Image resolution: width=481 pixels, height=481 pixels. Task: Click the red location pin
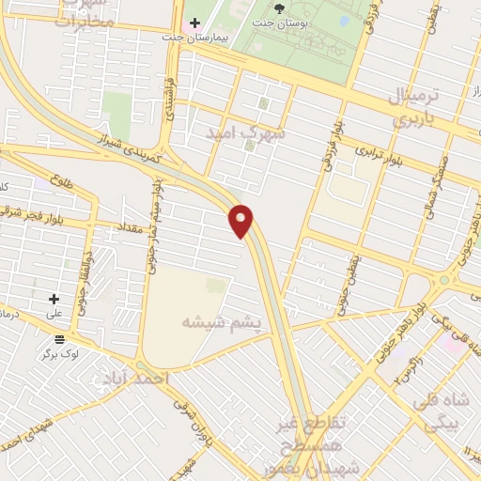tap(241, 220)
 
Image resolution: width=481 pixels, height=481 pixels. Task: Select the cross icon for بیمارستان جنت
tap(194, 23)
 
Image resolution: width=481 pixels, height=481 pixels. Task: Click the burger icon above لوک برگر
tap(60, 339)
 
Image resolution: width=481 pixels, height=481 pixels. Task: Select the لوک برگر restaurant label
tap(60, 354)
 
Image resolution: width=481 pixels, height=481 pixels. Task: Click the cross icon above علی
tap(54, 298)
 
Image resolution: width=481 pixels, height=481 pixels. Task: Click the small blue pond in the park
tap(344, 19)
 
